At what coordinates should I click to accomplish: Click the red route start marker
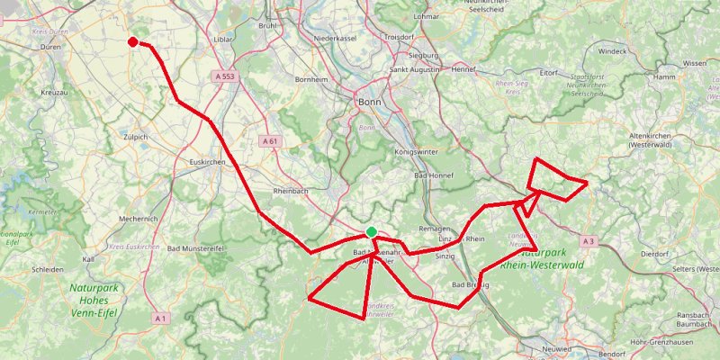[x=133, y=41]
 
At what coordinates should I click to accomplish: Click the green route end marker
[x=372, y=232]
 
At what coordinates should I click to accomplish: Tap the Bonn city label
[x=370, y=102]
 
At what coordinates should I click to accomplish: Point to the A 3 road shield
[x=589, y=241]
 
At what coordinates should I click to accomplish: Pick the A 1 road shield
[x=161, y=318]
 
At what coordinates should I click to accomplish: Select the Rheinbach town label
[x=292, y=192]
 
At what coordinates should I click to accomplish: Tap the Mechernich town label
[x=139, y=219]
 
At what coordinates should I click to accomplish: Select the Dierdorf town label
[x=655, y=254]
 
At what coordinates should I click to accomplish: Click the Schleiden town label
[x=48, y=269]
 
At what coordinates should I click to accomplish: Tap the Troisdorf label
[x=400, y=38]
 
